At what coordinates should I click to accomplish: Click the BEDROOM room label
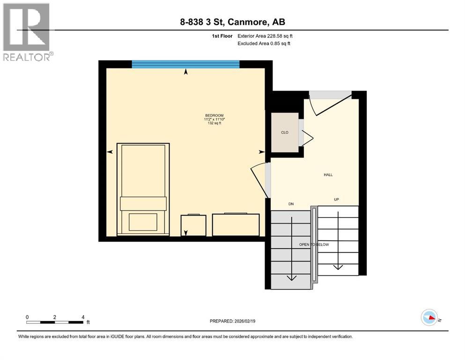214,115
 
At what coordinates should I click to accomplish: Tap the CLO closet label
284,133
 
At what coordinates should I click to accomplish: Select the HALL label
328,175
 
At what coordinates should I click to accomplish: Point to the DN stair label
290,204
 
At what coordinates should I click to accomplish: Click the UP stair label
336,199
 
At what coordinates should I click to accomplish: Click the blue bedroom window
185,64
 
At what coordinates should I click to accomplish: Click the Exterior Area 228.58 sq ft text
266,36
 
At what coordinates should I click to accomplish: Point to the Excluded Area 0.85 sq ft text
264,44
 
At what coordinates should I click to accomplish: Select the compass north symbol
429,317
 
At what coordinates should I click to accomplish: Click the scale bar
55,322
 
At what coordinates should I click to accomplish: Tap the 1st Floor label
222,36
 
